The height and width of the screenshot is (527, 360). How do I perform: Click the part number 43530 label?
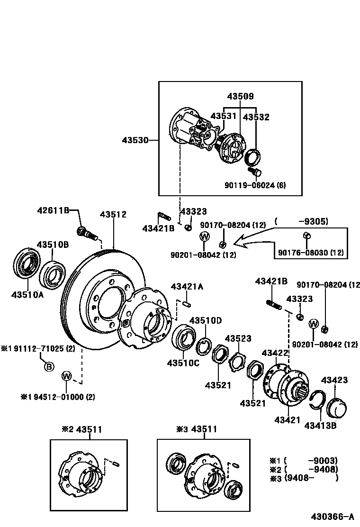pyautogui.click(x=135, y=140)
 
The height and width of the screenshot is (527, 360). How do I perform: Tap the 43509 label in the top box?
pyautogui.click(x=240, y=96)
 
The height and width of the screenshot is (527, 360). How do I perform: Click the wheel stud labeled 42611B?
pyautogui.click(x=86, y=232)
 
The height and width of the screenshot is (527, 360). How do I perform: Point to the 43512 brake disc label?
pyautogui.click(x=113, y=215)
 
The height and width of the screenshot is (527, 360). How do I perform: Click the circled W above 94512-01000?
pyautogui.click(x=66, y=376)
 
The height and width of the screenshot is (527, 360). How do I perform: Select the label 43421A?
pyautogui.click(x=187, y=286)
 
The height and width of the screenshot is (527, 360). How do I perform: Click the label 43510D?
pyautogui.click(x=206, y=321)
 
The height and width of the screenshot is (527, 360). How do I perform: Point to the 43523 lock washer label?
pyautogui.click(x=238, y=338)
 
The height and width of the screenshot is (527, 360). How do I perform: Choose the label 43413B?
pyautogui.click(x=320, y=425)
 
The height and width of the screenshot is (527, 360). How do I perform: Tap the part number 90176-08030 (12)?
pyautogui.click(x=311, y=252)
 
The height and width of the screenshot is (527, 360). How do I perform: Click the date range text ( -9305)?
pyautogui.click(x=301, y=221)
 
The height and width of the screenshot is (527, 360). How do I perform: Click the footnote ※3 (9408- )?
pyautogui.click(x=304, y=478)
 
